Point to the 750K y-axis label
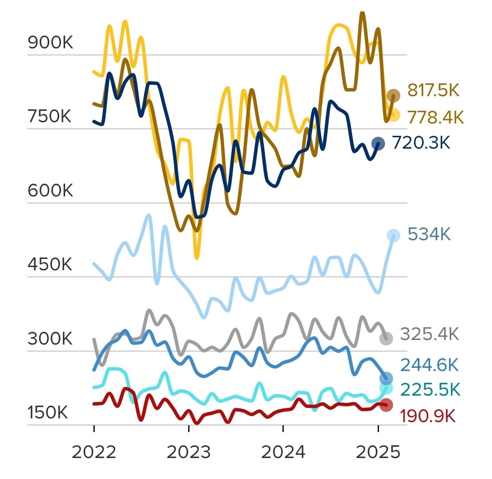pyautogui.click(x=49, y=117)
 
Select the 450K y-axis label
pyautogui.click(x=50, y=265)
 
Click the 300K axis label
pyautogui.click(x=50, y=339)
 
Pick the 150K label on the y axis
pyautogui.click(x=48, y=413)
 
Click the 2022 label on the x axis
pyautogui.click(x=94, y=453)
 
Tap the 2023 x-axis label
pyautogui.click(x=189, y=453)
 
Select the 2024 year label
pyautogui.click(x=283, y=453)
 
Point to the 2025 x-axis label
pyautogui.click(x=378, y=453)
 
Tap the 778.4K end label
pyautogui.click(x=435, y=118)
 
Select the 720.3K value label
pyautogui.click(x=421, y=143)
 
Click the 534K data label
pyautogui.click(x=429, y=235)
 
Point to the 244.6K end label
pyautogui.click(x=429, y=365)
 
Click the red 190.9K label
pyautogui.click(x=428, y=416)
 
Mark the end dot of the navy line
pyautogui.click(x=378, y=144)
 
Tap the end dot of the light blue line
pyautogui.click(x=393, y=236)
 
